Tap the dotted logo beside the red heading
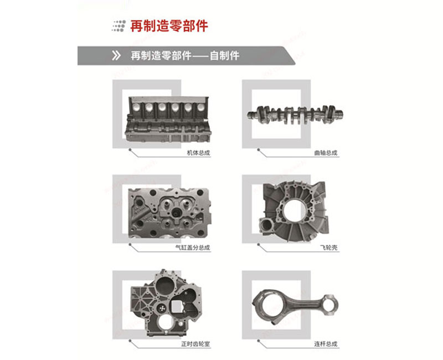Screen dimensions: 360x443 click(x=118, y=25)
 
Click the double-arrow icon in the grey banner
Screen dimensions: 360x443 click(x=116, y=56)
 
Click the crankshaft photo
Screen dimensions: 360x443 click(x=294, y=113)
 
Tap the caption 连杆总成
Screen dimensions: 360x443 click(x=326, y=344)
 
